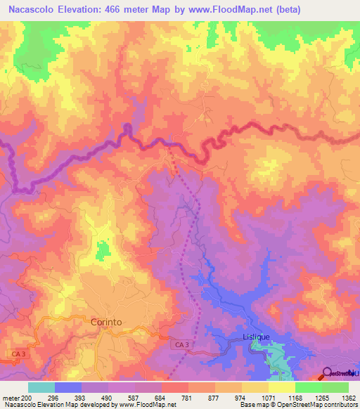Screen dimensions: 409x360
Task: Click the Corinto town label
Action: pos(106,321)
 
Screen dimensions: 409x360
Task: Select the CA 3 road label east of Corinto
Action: pos(182,344)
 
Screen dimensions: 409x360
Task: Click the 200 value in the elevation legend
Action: pos(27,397)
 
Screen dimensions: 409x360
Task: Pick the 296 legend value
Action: pos(54,397)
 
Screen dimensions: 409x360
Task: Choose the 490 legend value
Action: pos(109,397)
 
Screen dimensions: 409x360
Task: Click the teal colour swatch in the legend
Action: pos(41,387)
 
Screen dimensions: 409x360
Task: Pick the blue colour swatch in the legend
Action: pos(68,387)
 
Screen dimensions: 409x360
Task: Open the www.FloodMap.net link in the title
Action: pos(238,9)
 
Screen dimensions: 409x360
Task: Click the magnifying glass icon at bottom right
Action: pos(329,372)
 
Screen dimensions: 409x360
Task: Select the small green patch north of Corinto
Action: pos(103,249)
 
